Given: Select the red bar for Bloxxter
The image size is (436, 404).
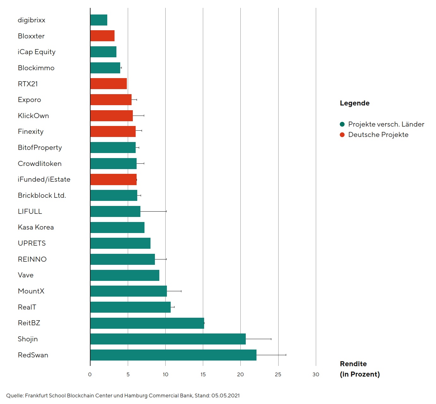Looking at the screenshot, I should point(102,36).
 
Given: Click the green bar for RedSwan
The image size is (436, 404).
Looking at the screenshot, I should point(173,355).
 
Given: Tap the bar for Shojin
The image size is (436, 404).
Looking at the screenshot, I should point(168,339).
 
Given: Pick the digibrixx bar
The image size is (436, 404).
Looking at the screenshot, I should point(99,20).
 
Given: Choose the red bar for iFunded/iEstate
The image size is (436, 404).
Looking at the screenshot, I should point(113,179).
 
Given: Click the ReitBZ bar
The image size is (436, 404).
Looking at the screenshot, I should point(147,323).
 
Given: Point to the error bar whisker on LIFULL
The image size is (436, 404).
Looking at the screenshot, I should point(153,211).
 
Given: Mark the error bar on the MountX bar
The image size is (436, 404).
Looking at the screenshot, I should point(174,291).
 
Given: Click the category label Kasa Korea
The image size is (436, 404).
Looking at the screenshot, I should point(36,227).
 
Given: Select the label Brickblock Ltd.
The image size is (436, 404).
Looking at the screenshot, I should point(42,196).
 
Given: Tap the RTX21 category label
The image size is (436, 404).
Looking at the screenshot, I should point(28,84).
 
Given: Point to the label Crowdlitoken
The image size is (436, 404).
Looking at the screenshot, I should point(39,164).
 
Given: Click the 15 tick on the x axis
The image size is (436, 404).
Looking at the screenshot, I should point(203,374).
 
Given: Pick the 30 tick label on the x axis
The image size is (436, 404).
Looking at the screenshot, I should point(316,374).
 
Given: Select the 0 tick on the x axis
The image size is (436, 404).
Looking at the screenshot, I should point(90,374).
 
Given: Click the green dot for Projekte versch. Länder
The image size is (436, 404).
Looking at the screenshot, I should point(342,124).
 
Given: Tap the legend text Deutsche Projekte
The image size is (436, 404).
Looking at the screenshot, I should point(378,135).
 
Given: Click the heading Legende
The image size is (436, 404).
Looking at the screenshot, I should point(355,103).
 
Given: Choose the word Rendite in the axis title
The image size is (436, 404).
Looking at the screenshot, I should point(353,364).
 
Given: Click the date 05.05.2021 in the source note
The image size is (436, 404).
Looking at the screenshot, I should point(225,395).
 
